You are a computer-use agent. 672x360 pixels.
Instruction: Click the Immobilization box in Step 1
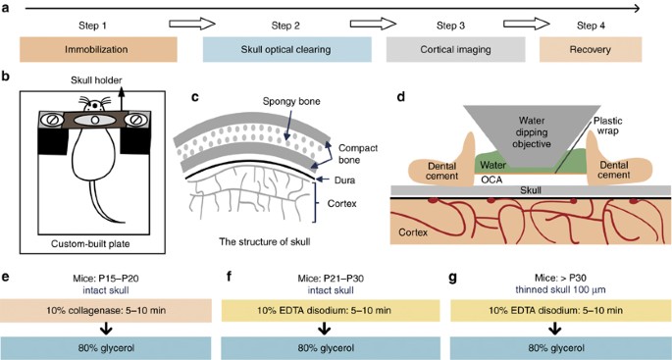pyautogui.click(x=98, y=49)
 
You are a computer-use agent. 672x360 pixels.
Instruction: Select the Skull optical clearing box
pyautogui.click(x=286, y=49)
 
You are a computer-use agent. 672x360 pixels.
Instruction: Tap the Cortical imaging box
pyautogui.click(x=455, y=49)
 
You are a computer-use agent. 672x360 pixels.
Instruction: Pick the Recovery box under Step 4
pyautogui.click(x=591, y=49)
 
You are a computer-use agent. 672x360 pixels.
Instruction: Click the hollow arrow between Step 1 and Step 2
pyautogui.click(x=192, y=24)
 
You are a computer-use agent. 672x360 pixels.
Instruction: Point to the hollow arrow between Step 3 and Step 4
pyautogui.click(x=526, y=24)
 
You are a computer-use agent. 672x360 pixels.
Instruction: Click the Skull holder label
pyautogui.click(x=97, y=80)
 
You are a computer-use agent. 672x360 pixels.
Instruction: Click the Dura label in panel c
pyautogui.click(x=344, y=180)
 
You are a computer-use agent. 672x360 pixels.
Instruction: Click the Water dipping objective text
pyautogui.click(x=532, y=132)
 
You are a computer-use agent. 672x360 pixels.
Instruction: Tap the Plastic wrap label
pyautogui.click(x=607, y=126)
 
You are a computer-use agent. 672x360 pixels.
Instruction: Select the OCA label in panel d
pyautogui.click(x=491, y=180)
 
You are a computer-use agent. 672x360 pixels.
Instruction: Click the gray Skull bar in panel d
pyautogui.click(x=531, y=190)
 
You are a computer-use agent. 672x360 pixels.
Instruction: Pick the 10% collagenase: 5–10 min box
pyautogui.click(x=106, y=311)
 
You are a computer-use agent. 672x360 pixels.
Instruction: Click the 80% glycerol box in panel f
pyautogui.click(x=326, y=348)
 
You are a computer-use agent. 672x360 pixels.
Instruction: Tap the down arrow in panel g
pyautogui.click(x=555, y=329)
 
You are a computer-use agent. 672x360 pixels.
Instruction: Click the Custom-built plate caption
pyautogui.click(x=90, y=244)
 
